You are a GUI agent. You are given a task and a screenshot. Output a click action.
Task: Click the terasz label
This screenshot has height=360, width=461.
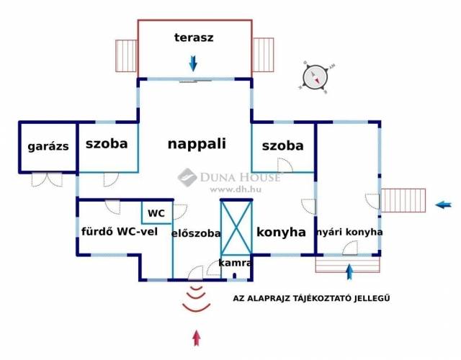pyautogui.click(x=194, y=37)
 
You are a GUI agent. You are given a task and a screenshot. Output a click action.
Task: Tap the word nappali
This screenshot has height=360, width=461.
pyautogui.click(x=197, y=144)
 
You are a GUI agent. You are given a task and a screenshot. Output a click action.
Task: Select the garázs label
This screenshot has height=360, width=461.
pyautogui.click(x=48, y=146)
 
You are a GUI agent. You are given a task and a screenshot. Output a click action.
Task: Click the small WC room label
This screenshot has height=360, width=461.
pyautogui.click(x=156, y=213)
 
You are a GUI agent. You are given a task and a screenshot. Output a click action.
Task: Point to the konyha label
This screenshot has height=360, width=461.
pyautogui.click(x=281, y=232)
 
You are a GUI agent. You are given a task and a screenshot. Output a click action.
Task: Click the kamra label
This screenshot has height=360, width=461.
pyautogui.click(x=236, y=263)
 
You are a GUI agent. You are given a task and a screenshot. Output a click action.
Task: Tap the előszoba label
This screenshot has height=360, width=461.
pyautogui.click(x=196, y=233)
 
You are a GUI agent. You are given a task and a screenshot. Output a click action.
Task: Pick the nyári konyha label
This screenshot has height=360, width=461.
pyautogui.click(x=350, y=232)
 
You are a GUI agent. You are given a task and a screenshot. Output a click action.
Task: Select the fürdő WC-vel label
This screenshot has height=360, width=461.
pyautogui.click(x=120, y=232)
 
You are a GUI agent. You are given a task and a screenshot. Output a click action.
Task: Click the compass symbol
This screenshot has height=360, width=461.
pyautogui.click(x=315, y=78)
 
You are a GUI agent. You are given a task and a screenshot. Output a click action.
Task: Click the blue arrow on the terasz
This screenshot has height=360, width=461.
pyautogui.click(x=193, y=63)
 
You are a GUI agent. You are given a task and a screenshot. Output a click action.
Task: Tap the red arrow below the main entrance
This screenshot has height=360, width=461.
pyautogui.click(x=197, y=338)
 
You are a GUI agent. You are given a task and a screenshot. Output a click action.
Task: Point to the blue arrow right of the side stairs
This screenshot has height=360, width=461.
pyautogui.click(x=444, y=204)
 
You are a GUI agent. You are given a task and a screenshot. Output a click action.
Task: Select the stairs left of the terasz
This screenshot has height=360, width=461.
pyautogui.click(x=126, y=56)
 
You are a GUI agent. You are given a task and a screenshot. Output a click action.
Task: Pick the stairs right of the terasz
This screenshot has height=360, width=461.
pyautogui.click(x=264, y=55)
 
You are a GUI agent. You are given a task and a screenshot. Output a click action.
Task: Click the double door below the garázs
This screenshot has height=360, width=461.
pyautogui.click(x=47, y=179)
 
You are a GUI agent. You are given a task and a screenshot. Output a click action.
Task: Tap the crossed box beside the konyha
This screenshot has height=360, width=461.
pyautogui.click(x=236, y=227)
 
